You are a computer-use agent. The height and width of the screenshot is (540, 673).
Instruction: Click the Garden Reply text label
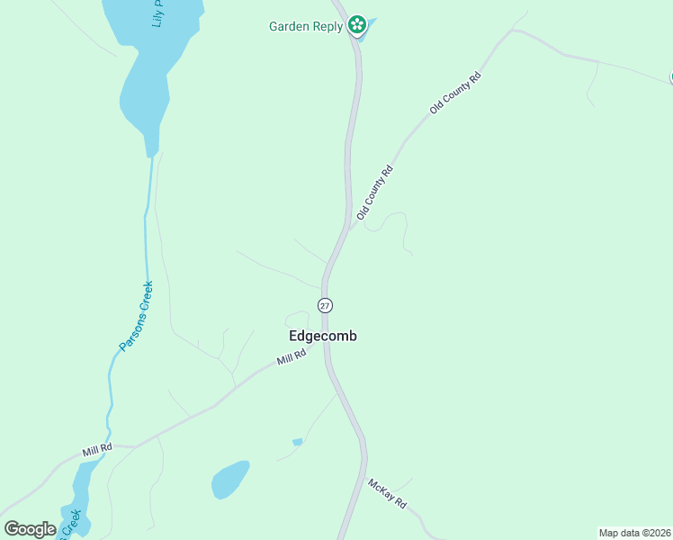tap(306, 26)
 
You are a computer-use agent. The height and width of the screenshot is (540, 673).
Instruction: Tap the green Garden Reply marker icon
tap(357, 25)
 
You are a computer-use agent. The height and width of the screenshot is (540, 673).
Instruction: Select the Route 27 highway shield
tap(325, 305)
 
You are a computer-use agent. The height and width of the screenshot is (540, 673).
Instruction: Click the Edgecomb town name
tap(323, 336)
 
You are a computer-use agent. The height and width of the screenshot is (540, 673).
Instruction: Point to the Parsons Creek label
tap(136, 316)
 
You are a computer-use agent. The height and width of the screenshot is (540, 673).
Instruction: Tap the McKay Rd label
tap(388, 494)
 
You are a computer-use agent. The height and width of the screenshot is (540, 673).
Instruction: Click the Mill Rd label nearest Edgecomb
tap(292, 357)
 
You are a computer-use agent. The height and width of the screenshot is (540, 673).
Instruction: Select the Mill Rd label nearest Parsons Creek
tap(96, 447)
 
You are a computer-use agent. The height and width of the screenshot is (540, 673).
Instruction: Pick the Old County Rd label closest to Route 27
tap(375, 193)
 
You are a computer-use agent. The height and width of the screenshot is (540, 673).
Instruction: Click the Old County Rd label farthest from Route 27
tap(455, 93)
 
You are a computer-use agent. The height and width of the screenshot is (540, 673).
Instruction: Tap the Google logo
tap(30, 529)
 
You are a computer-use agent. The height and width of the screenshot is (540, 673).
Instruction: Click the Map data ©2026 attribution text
tap(635, 533)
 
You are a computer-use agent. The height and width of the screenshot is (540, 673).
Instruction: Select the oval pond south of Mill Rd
tap(230, 479)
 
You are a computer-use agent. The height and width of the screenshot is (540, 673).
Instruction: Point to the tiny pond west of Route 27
tap(297, 442)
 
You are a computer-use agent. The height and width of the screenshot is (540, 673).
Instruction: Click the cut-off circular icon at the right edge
tap(670, 78)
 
